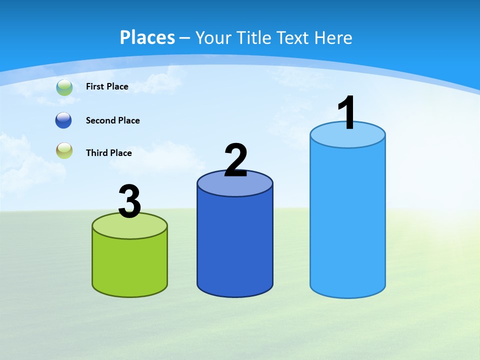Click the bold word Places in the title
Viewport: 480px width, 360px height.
[147, 37]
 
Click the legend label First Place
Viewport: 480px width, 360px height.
[107, 86]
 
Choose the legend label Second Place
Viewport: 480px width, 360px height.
[112, 120]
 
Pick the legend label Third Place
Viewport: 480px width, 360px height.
[108, 153]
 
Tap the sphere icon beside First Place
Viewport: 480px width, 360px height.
[64, 87]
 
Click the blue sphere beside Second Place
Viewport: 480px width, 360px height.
[63, 120]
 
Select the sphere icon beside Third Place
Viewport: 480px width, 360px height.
[64, 150]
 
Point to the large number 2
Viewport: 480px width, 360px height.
[235, 160]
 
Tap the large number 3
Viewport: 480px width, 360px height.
[130, 202]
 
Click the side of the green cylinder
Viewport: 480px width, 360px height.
[130, 265]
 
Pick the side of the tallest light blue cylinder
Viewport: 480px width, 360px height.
[347, 220]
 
